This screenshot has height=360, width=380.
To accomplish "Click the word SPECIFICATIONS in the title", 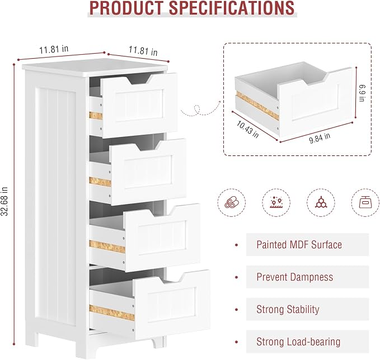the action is click(x=232, y=8).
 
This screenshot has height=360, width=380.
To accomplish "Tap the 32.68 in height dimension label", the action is click(x=4, y=201).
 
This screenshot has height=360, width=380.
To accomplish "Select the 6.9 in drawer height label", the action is click(x=362, y=93).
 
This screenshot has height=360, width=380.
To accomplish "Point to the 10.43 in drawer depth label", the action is click(x=247, y=129).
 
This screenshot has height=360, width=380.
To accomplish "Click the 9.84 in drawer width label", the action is click(x=320, y=138).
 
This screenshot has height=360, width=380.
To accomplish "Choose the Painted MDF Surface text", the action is click(x=299, y=244).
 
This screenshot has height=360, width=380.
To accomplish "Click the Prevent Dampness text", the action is click(x=295, y=277).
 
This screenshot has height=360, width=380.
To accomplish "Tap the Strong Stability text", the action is click(x=288, y=309).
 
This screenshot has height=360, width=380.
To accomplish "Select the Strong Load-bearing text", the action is click(x=298, y=342).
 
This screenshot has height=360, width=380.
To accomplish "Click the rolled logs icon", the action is click(x=232, y=202).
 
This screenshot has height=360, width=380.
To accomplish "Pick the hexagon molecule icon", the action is click(x=321, y=202).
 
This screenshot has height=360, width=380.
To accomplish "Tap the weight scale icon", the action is click(x=365, y=202).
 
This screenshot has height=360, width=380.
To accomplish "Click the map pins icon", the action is click(x=276, y=202).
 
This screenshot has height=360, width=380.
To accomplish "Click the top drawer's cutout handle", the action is click(x=139, y=79).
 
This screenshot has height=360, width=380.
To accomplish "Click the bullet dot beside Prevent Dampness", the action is click(x=237, y=277).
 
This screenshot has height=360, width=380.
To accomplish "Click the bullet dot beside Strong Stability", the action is click(x=237, y=310).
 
